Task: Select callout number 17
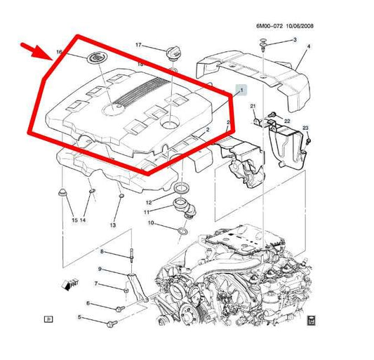(138, 45)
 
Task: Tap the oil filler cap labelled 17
(172, 53)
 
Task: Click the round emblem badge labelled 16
(98, 58)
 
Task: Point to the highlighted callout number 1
(241, 91)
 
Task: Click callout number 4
(309, 46)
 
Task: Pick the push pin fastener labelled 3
(263, 45)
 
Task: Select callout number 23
(305, 128)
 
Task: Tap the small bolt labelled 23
(308, 141)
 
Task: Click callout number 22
(287, 121)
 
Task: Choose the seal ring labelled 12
(182, 188)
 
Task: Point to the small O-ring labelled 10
(182, 231)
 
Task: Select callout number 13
(113, 225)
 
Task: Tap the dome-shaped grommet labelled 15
(62, 192)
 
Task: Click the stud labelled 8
(131, 255)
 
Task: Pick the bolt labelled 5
(112, 324)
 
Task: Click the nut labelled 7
(126, 291)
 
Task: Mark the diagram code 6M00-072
(269, 26)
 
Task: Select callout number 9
(100, 269)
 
